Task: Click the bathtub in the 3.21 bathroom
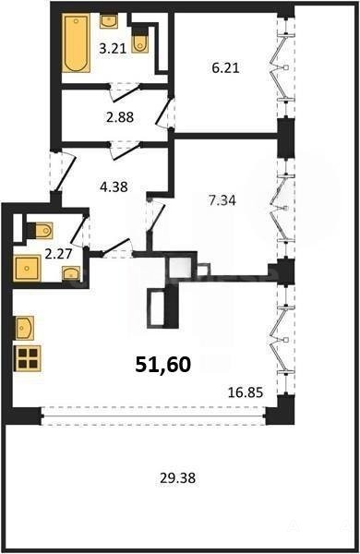[76, 43]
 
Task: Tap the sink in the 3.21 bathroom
[110, 21]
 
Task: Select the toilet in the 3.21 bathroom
[139, 43]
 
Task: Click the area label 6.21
[225, 67]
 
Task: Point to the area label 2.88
[120, 117]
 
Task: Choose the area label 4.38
[114, 187]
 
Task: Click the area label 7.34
[222, 200]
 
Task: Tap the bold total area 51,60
[163, 365]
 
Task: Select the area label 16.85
[246, 392]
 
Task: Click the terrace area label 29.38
[178, 478]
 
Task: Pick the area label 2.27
[59, 254]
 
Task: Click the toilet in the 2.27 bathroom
[41, 231]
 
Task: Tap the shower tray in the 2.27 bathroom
[27, 269]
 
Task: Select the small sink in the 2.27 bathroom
[71, 273]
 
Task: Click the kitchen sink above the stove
[25, 328]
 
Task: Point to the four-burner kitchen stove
[27, 358]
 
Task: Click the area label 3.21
[113, 48]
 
